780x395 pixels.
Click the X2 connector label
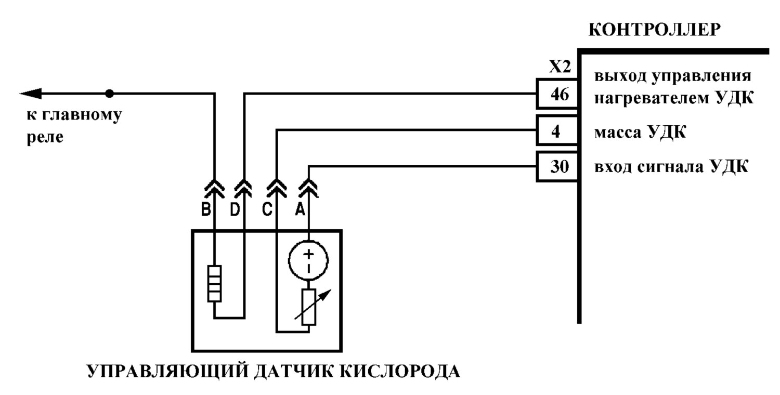[560, 67]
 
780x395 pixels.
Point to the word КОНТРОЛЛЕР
[654, 30]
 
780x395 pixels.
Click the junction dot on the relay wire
[109, 94]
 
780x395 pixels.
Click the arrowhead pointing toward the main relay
[31, 94]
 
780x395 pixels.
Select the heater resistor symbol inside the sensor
[214, 284]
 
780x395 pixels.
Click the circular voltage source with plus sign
[308, 260]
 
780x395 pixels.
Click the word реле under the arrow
[45, 137]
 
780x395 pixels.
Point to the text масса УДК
[640, 132]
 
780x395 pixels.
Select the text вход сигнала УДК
[671, 167]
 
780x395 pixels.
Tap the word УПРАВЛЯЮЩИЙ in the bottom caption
[167, 371]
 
